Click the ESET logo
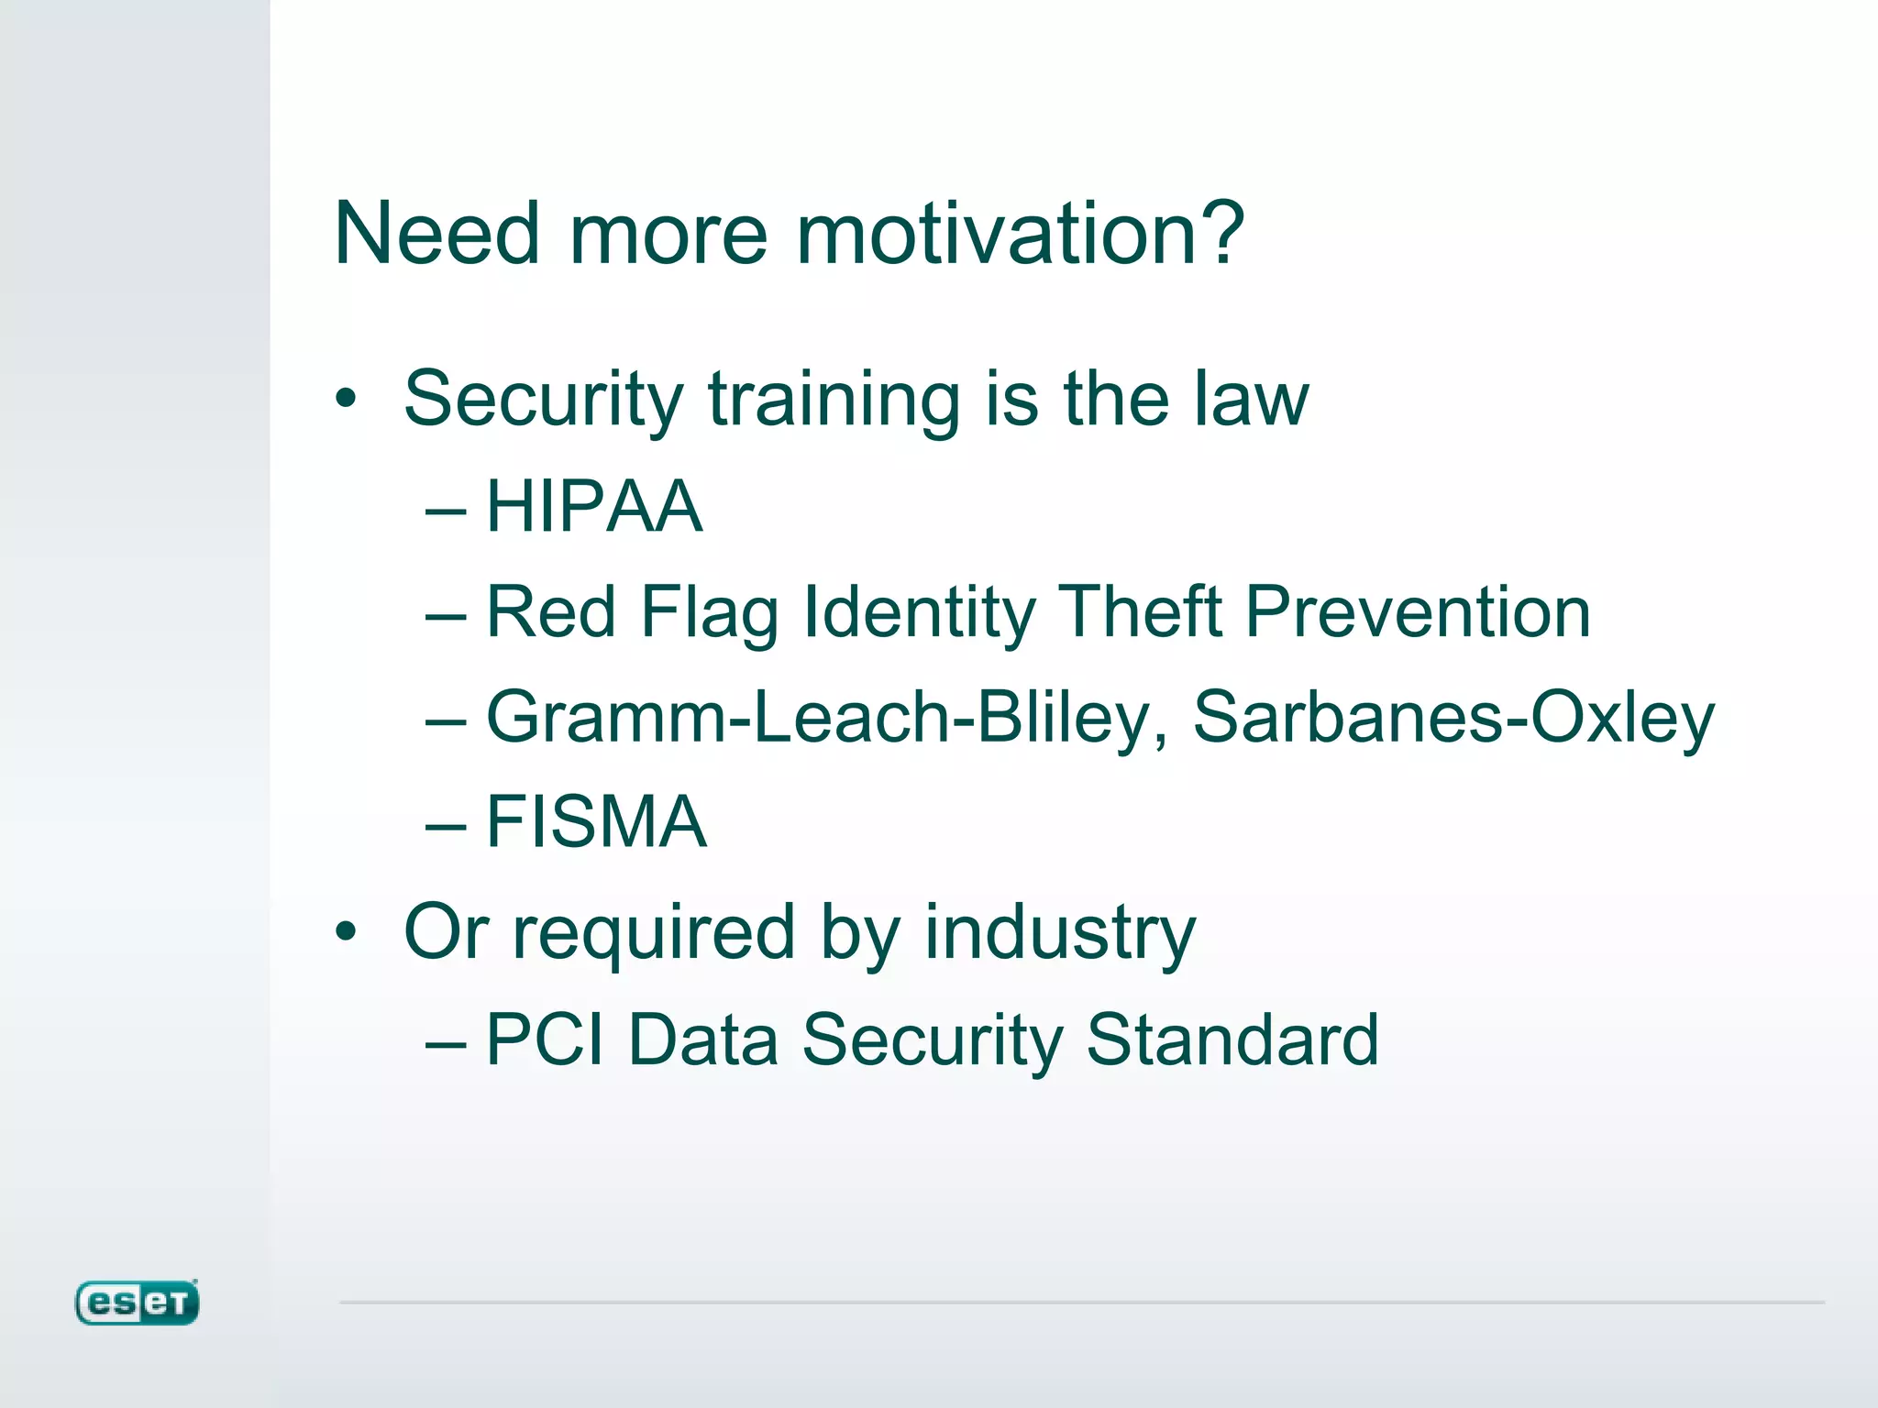pyautogui.click(x=137, y=1303)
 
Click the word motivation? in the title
pyautogui.click(x=1019, y=235)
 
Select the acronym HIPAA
pyautogui.click(x=594, y=507)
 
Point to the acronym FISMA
pyautogui.click(x=596, y=822)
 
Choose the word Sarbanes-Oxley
pyautogui.click(x=1453, y=718)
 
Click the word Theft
pyautogui.click(x=1140, y=612)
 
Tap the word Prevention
pyautogui.click(x=1418, y=612)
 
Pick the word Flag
pyautogui.click(x=709, y=612)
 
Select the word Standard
pyautogui.click(x=1232, y=1040)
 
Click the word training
pyautogui.click(x=834, y=400)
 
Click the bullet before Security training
pyautogui.click(x=345, y=400)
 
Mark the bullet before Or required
pyautogui.click(x=345, y=932)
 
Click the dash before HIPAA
pyautogui.click(x=447, y=510)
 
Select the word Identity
pyautogui.click(x=919, y=612)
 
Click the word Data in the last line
pyautogui.click(x=703, y=1040)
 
